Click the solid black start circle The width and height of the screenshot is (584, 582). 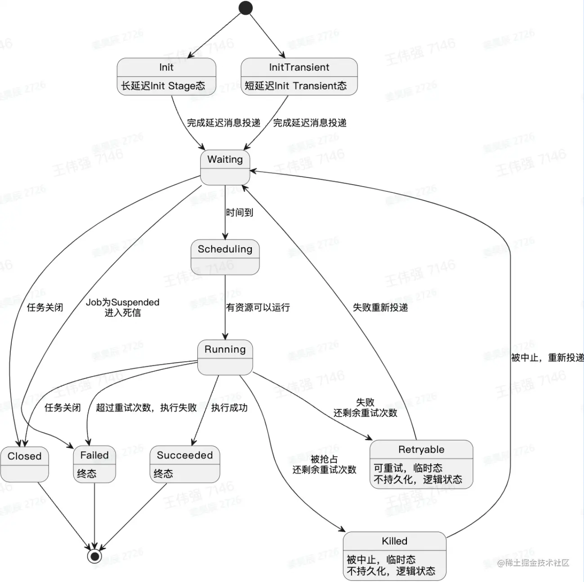click(x=245, y=8)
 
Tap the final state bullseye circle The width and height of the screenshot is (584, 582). click(x=94, y=556)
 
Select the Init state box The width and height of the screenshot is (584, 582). click(x=166, y=76)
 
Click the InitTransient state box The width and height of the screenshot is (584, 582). click(x=299, y=76)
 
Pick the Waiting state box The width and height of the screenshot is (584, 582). click(x=225, y=167)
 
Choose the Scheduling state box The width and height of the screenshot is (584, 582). click(x=225, y=257)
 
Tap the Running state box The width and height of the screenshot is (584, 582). click(x=225, y=357)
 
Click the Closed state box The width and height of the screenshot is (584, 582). click(x=24, y=464)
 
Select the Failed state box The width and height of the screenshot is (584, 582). click(x=94, y=464)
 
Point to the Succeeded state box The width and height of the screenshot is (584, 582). click(x=184, y=464)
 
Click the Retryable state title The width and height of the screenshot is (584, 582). click(x=421, y=449)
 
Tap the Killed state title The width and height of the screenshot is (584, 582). click(x=394, y=541)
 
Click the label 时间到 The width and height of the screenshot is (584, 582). click(x=240, y=212)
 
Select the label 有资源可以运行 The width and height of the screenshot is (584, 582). click(x=258, y=307)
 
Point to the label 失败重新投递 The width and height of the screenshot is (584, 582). click(x=380, y=307)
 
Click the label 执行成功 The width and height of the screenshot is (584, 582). click(x=229, y=408)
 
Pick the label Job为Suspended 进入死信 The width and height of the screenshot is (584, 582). click(x=123, y=307)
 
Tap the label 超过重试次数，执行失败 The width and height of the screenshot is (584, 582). click(x=146, y=408)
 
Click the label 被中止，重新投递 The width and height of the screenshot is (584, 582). click(x=547, y=358)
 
